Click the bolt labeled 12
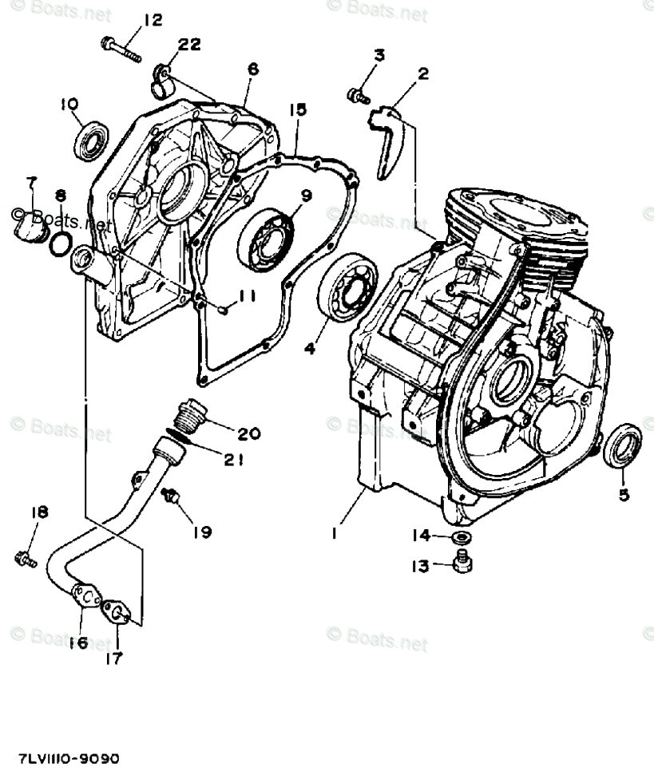(121, 49)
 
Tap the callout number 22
(189, 45)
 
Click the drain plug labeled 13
(461, 563)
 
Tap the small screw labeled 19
(170, 498)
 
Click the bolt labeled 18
(25, 559)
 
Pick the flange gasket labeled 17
(117, 613)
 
